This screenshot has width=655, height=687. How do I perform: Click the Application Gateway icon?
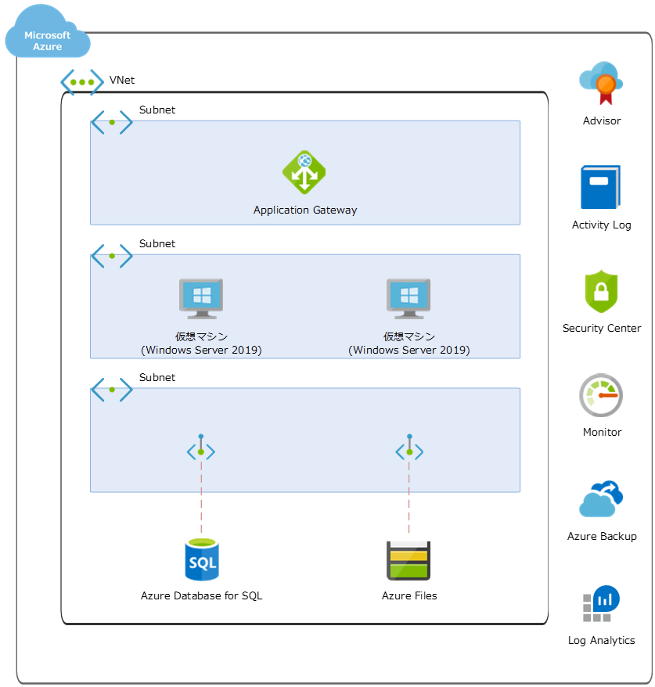pos(304,171)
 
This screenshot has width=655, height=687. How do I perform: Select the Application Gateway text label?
pos(305,210)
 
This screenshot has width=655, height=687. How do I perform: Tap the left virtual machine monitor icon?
pos(201,298)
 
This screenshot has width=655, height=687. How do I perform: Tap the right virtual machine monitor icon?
pos(408,298)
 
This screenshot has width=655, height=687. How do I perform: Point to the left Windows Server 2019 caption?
pos(201,350)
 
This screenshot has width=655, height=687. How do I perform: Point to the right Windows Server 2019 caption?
pos(408,350)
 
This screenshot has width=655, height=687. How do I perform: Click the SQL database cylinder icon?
pos(201,559)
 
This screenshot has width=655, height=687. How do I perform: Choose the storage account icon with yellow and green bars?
pos(408,560)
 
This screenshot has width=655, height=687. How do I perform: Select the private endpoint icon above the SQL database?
pos(201,449)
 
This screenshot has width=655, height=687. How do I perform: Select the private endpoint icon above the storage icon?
pos(408,449)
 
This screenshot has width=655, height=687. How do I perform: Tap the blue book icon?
pos(600,187)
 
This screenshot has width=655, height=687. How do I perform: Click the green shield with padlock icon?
pos(601,292)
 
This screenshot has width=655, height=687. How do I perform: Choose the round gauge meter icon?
pos(601,395)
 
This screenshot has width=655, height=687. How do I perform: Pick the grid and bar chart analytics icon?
pos(601,603)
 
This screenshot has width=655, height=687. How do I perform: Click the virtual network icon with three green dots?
pos(82,82)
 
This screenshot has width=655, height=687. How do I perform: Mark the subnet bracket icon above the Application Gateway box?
pos(112,122)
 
